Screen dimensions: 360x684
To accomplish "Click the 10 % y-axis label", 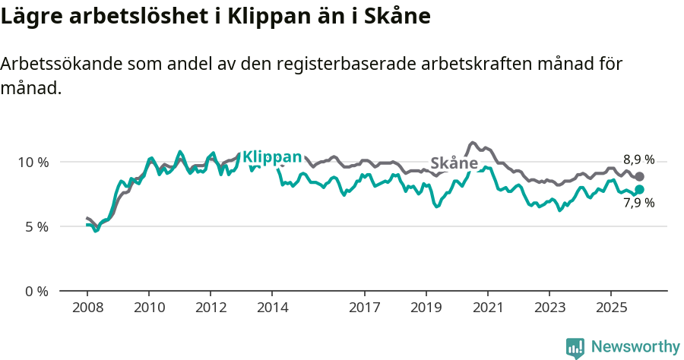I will (33, 162).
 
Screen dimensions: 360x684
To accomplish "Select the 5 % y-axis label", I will (36, 226).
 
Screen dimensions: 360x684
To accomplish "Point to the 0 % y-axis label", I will (36, 291).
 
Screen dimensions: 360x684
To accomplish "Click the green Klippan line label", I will (271, 157).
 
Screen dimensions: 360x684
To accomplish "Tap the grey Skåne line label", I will (454, 163).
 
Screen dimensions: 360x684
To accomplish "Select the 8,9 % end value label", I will (638, 159).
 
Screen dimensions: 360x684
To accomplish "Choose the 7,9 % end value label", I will (638, 203).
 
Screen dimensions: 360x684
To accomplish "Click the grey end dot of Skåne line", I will (639, 176).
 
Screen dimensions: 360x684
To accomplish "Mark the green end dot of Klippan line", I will (639, 189).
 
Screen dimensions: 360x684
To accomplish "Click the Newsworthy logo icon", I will (575, 347).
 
